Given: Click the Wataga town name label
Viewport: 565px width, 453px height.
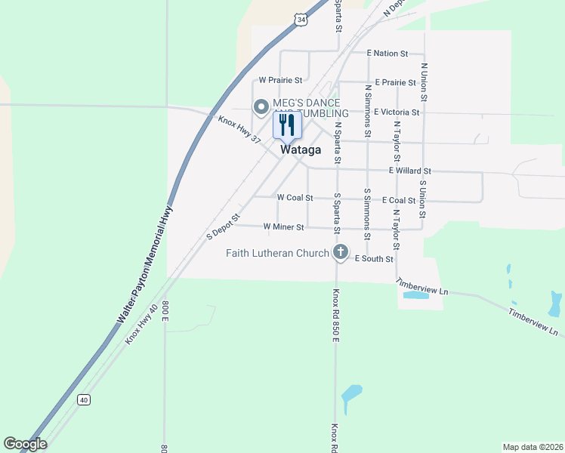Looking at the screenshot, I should point(301,150).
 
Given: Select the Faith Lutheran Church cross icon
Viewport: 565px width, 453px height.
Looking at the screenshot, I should point(341,253).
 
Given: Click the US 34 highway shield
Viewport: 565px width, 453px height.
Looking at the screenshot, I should point(302,20).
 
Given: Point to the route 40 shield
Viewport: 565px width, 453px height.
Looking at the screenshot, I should point(83,399).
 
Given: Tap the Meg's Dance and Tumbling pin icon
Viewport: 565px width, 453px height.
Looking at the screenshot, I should point(261,107).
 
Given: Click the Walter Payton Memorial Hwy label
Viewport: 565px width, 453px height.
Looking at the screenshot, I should point(144,265).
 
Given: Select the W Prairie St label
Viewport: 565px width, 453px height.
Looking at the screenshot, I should point(280,79).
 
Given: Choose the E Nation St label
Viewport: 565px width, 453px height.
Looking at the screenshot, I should point(387,54).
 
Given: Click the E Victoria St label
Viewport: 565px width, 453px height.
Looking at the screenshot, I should point(396,112).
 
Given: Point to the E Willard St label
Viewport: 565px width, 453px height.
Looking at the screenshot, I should point(409,171).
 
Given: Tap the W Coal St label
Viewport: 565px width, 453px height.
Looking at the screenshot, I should point(295,197).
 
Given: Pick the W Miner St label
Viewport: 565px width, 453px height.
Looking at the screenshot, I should point(283,226).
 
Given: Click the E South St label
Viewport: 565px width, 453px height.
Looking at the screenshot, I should point(374,259).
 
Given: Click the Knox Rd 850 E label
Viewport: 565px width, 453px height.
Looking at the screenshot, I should point(333,313).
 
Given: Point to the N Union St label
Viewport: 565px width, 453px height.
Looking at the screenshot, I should point(425,82).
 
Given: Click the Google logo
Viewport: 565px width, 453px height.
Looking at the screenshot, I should point(25,444).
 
